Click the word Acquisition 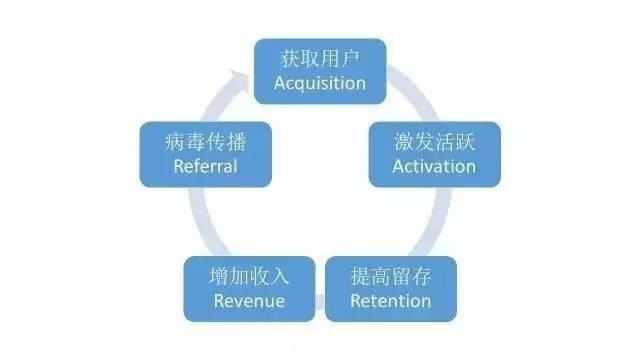[319, 83]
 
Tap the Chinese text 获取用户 [319, 59]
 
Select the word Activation [434, 166]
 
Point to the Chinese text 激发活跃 [434, 142]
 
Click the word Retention [391, 300]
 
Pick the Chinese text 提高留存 [391, 276]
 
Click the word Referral [205, 166]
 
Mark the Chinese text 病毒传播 [205, 142]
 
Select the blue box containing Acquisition [319, 71]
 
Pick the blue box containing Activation [434, 154]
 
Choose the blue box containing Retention [391, 288]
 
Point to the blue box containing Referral [205, 154]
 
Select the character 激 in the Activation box [404, 142]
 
